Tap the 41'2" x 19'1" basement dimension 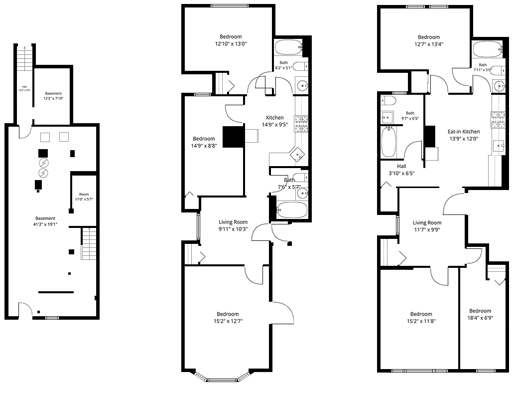click(x=45, y=224)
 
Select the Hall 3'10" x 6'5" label click(x=401, y=170)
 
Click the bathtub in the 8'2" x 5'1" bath click(x=288, y=47)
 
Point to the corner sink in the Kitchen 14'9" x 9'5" click(x=297, y=154)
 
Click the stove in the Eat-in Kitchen click(x=497, y=120)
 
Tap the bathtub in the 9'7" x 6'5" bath click(x=389, y=142)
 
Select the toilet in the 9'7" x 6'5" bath click(x=389, y=100)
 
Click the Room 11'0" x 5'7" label click(x=84, y=197)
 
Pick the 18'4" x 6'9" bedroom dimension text click(x=480, y=318)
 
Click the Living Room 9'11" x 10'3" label click(x=233, y=225)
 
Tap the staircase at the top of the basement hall click(x=24, y=58)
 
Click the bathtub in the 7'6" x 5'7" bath click(x=292, y=210)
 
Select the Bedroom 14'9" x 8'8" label click(x=204, y=142)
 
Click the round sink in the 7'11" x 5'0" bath click(x=500, y=86)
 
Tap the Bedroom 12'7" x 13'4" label click(x=429, y=40)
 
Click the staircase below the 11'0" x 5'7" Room click(x=89, y=244)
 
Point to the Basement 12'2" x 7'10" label click(x=53, y=96)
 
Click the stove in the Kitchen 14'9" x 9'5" click(x=301, y=124)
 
